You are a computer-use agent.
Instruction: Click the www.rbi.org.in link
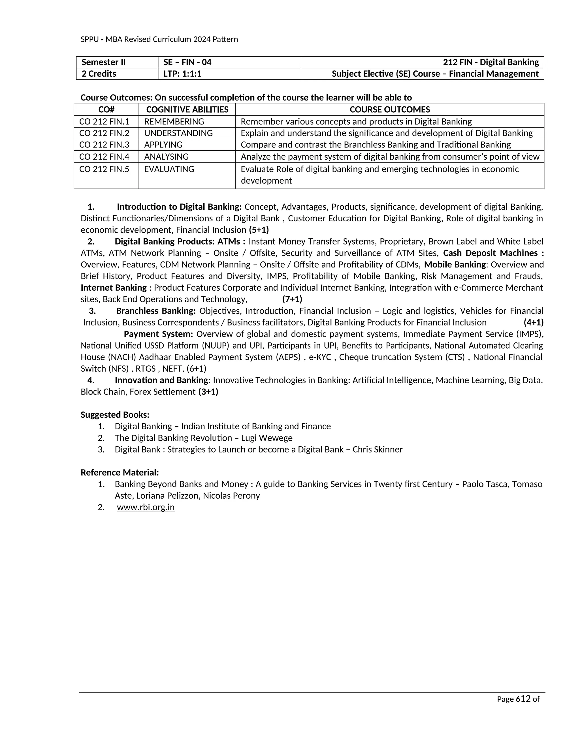(146, 507)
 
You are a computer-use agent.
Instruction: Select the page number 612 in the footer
(523, 699)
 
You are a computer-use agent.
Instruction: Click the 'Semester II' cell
(103, 62)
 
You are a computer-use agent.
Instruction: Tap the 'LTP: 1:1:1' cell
(182, 74)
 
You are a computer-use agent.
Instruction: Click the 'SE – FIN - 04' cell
(187, 62)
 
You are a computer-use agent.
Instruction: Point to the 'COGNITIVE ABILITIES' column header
(187, 110)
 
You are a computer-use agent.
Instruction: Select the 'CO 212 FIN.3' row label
(104, 145)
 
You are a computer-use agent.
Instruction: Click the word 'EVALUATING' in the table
(169, 169)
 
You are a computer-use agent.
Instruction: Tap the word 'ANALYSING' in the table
(166, 157)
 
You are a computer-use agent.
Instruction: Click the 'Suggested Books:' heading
(115, 415)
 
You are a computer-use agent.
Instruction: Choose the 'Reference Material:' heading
(120, 473)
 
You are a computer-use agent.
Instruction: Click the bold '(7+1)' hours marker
(292, 299)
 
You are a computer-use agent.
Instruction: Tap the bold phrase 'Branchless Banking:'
(156, 311)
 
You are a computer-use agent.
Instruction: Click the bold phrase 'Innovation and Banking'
(161, 380)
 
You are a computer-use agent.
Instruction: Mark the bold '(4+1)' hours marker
(533, 322)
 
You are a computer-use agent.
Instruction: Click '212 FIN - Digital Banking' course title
(491, 62)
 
